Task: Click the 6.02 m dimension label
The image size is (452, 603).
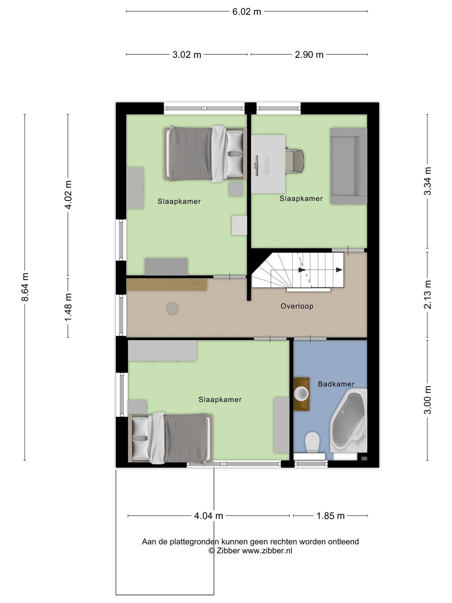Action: pos(247,11)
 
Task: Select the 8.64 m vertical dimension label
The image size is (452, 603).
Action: pos(25,287)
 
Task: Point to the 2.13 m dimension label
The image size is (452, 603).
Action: pos(428,294)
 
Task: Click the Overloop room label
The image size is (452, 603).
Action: pos(297,306)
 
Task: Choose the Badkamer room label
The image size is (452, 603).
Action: pos(336,384)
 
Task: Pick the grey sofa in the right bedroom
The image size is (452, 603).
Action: pos(349,166)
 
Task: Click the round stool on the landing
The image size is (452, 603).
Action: pos(172,309)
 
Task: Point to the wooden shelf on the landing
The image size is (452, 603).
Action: pos(166,284)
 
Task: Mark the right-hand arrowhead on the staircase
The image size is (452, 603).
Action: pos(339,270)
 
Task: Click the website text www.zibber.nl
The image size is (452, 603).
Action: pos(267,551)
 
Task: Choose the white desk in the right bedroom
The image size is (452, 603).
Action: pos(268,164)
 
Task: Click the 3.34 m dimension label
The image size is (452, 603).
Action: pos(428,181)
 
